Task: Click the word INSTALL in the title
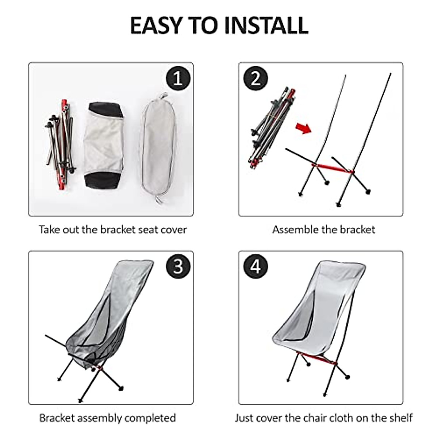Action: (x=266, y=25)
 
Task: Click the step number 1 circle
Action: (x=178, y=78)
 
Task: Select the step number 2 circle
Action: (x=255, y=78)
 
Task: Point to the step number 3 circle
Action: (x=178, y=266)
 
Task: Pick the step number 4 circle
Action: (x=255, y=266)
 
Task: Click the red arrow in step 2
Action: (x=304, y=128)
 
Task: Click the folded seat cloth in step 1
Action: (x=103, y=144)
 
